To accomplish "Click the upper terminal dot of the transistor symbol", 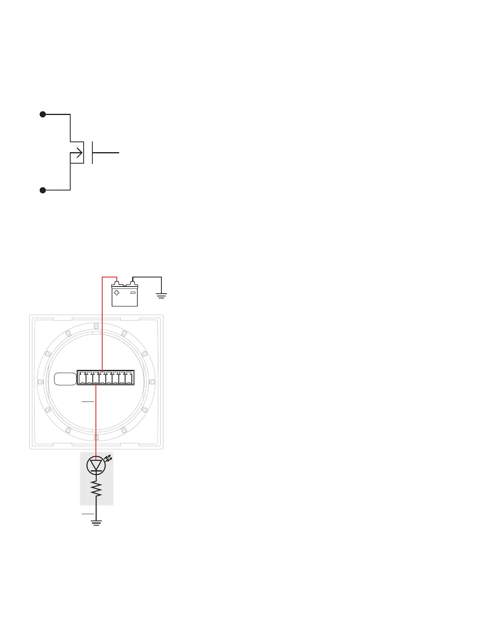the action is point(43,115).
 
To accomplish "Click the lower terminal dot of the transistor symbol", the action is point(43,190).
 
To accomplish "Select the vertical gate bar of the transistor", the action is point(92,152).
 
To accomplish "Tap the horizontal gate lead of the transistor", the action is point(106,152).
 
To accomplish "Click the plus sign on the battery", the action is point(116,293).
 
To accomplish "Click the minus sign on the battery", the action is point(133,293).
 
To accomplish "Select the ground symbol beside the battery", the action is point(161,295).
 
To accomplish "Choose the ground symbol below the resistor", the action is point(96,522).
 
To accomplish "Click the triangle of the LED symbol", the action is point(96,465).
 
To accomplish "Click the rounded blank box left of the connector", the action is point(65,379).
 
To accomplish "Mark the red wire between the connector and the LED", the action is point(96,419).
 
